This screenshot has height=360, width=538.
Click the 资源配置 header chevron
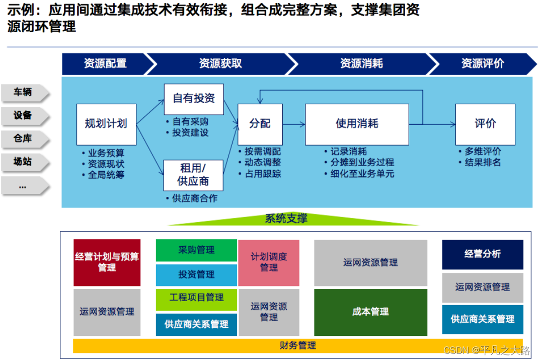105,63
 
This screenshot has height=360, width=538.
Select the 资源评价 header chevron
482,63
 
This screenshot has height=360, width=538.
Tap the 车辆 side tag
23,92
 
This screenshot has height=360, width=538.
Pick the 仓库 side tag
23,138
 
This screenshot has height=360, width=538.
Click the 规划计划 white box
106,124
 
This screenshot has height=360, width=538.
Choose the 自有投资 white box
194,99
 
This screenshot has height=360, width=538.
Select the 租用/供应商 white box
194,175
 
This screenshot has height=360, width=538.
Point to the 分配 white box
260,124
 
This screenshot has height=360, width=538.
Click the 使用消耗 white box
357,124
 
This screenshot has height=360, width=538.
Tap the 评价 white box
485,124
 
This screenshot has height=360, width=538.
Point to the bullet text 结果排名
482,163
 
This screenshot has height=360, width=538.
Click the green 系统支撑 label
286,219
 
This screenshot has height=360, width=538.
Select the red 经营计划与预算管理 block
107,262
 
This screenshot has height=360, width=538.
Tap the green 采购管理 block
196,250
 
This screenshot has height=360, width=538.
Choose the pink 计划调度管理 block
269,262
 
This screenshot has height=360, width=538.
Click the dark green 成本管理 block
370,312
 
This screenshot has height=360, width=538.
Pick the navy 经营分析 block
482,254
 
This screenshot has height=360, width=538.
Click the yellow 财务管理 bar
297,345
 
